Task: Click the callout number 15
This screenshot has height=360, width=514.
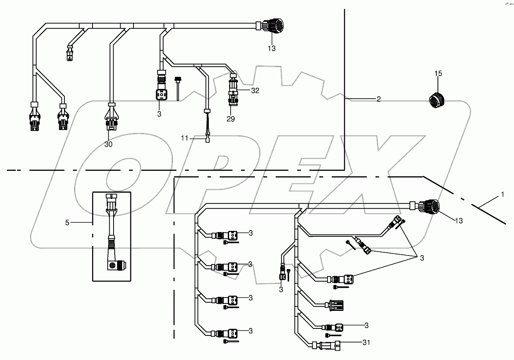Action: (x=438, y=73)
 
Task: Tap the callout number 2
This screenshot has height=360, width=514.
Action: (x=378, y=99)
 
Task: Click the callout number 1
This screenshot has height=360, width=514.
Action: (x=503, y=194)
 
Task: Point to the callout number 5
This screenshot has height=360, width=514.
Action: (x=67, y=222)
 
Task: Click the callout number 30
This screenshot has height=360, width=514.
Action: (x=108, y=144)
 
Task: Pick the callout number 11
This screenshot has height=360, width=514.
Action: (x=184, y=138)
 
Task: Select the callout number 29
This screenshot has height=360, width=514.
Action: (x=231, y=119)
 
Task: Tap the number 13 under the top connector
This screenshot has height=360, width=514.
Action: (x=272, y=48)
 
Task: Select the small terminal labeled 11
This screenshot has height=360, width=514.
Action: (x=207, y=140)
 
